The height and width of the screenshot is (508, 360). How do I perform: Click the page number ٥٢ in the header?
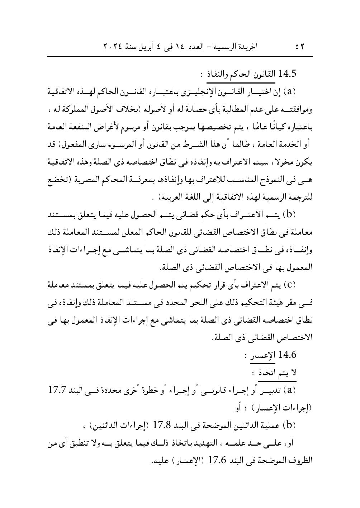[300, 47]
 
